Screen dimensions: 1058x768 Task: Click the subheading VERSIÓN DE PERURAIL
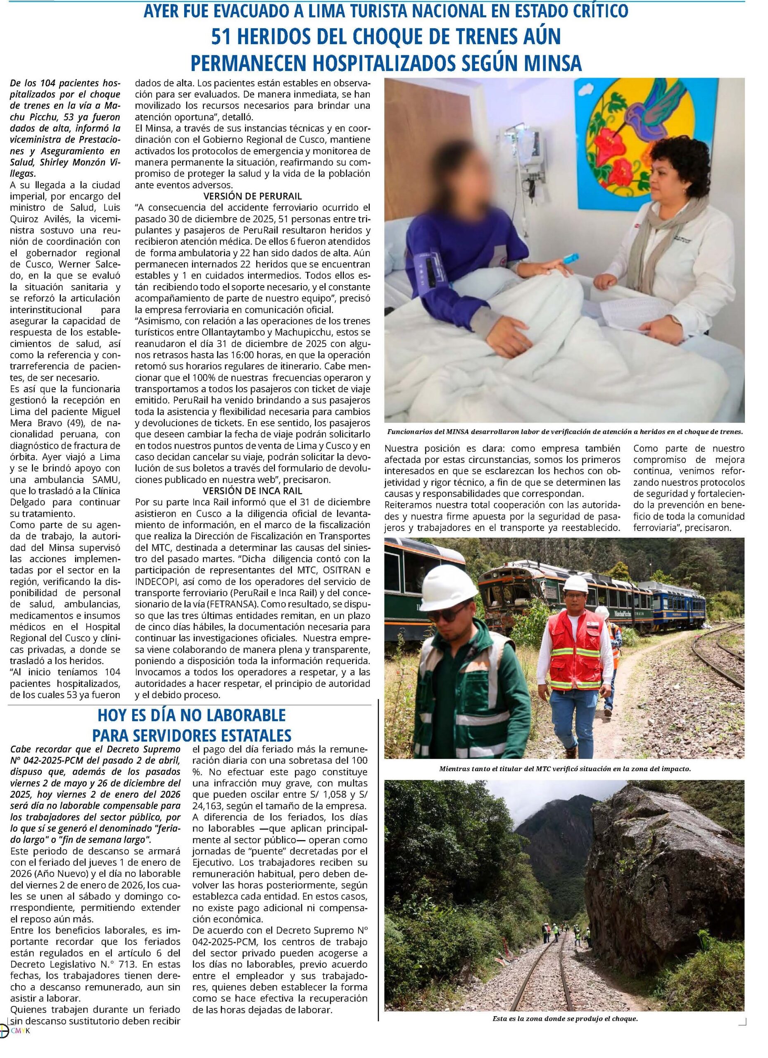[x=252, y=195]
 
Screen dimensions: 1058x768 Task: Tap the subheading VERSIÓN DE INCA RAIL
[x=252, y=491]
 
